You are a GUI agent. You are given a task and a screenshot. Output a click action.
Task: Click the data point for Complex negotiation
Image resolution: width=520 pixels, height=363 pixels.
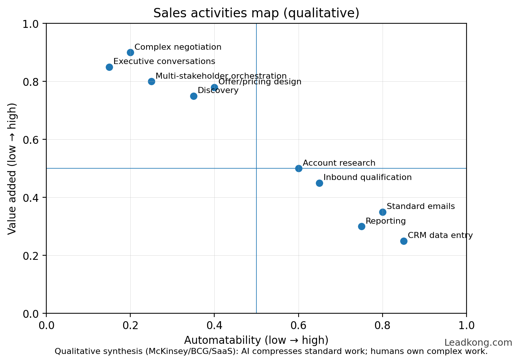(130, 52)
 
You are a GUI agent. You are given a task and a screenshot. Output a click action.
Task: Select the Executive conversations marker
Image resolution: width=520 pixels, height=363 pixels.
(109, 67)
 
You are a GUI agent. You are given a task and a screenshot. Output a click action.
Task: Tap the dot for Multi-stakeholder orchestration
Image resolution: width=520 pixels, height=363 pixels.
(151, 81)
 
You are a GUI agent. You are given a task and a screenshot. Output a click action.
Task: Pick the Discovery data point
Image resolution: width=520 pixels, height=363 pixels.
(194, 96)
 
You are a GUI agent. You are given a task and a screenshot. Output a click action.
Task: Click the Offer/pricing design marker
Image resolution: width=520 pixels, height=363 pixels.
(214, 87)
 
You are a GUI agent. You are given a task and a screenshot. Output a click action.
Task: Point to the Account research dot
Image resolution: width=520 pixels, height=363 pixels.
(299, 168)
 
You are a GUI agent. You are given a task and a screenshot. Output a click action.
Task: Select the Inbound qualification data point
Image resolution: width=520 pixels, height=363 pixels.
(319, 183)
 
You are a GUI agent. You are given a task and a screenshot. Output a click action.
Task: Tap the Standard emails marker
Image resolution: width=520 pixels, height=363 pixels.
(383, 212)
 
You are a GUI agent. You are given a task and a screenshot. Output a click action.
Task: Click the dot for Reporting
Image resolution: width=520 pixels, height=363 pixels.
(361, 226)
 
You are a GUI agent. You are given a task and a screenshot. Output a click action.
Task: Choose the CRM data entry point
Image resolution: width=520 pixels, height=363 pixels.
(404, 241)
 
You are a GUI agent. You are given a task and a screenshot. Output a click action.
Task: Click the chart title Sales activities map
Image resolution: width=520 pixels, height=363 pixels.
(256, 13)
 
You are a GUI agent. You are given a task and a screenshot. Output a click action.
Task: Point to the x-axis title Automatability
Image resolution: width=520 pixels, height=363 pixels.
(256, 340)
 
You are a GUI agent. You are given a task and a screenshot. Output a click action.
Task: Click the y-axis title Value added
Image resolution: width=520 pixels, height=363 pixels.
(12, 168)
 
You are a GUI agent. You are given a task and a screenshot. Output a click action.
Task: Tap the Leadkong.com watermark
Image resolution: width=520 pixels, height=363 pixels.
(478, 343)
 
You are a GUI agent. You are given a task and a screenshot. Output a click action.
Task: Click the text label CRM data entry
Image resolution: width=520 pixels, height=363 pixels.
(440, 235)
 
